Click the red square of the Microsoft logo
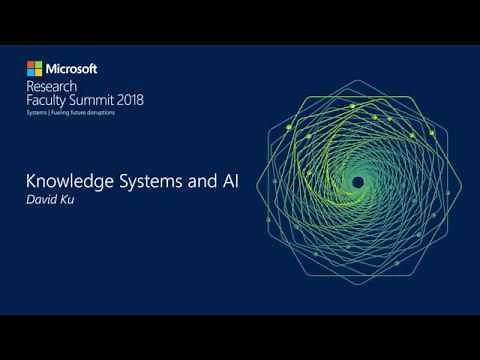pyautogui.click(x=30, y=65)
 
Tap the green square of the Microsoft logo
pyautogui.click(x=38, y=65)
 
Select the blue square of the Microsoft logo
pyautogui.click(x=30, y=73)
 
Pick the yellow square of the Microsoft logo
pyautogui.click(x=38, y=73)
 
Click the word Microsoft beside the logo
pyautogui.click(x=71, y=69)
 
